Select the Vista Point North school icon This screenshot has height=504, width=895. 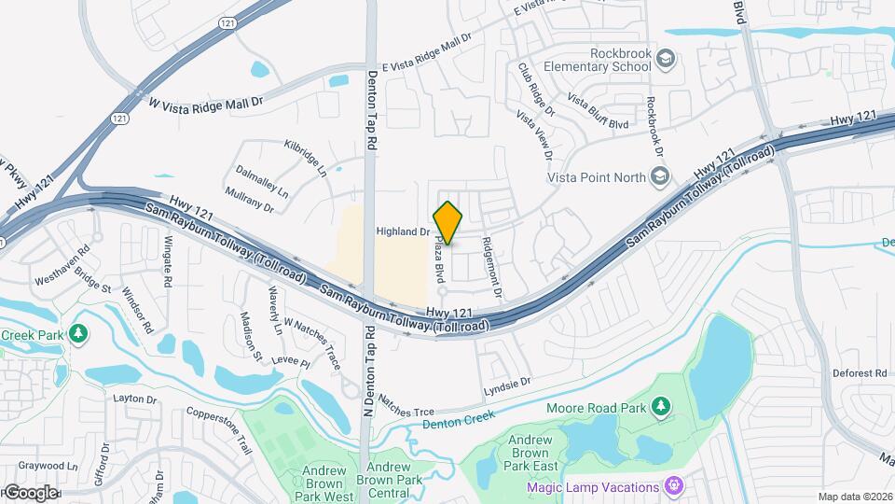coord(660,175)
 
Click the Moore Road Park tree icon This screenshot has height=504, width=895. coord(661,406)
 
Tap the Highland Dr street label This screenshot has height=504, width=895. coord(403,231)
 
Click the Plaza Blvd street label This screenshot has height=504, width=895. coord(439,259)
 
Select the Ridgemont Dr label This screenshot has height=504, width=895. coord(491,268)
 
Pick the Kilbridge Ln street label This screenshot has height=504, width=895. coord(306,158)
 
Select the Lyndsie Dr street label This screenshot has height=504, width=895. coord(507,383)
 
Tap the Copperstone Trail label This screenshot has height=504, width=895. coord(220,425)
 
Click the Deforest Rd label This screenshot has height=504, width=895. coord(860,373)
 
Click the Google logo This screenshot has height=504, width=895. coord(30,492)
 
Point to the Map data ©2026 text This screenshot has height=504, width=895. coord(854,497)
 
